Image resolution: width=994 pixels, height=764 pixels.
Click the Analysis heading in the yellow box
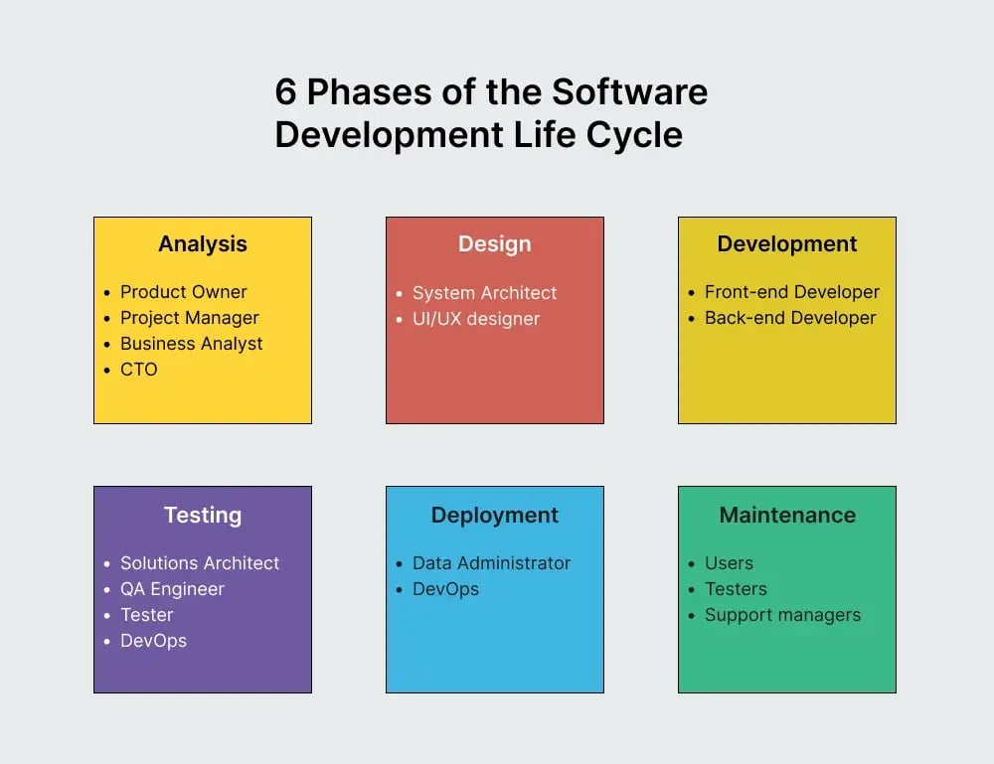coord(203,244)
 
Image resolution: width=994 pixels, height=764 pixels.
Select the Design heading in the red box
coord(494,244)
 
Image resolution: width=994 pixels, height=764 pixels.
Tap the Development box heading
coord(786,244)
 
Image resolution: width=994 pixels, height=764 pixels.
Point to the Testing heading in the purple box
coord(203,515)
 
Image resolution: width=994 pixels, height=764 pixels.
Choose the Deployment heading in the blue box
coord(494,515)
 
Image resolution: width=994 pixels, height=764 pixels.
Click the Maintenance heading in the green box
coord(786,515)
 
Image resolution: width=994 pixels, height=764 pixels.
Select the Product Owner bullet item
coord(183,292)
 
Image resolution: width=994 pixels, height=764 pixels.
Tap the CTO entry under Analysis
coord(139,370)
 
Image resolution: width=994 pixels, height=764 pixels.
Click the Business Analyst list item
coord(191,344)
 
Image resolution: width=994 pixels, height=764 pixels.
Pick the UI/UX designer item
coord(475,319)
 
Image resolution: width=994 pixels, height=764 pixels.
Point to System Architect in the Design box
coord(484,293)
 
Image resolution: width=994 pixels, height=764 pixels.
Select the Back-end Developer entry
coord(790,318)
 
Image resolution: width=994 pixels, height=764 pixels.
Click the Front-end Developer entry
coord(791,292)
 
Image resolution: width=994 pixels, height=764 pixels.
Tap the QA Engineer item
coord(172,589)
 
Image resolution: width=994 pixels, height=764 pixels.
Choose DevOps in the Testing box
coord(153,641)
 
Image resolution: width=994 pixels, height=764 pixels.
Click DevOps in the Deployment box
coord(445,589)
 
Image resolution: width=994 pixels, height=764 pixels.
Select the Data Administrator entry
coord(491,563)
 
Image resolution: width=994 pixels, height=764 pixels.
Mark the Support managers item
coord(782,615)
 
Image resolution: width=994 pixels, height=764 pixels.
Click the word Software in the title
coord(629,92)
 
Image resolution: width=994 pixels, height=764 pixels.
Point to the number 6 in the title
coord(285,92)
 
